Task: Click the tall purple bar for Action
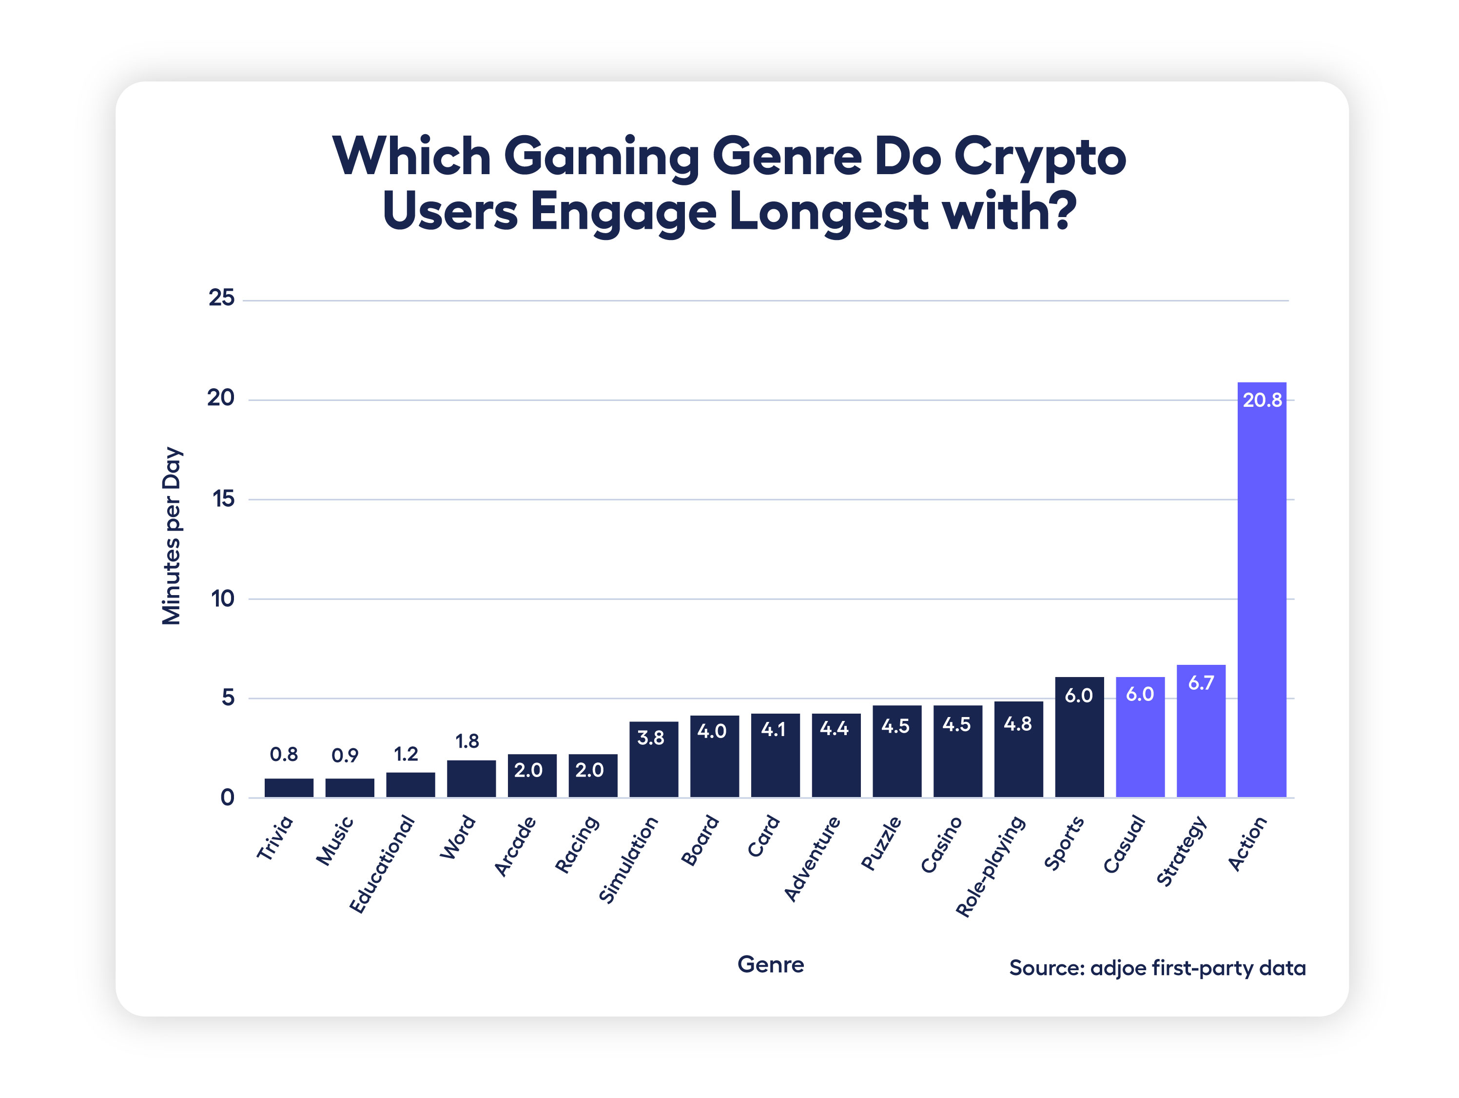1261,594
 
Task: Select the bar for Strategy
1201,739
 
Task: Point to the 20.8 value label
1262,400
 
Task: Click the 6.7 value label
1201,683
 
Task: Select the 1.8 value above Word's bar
467,741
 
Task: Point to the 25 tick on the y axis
222,298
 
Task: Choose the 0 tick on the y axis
228,798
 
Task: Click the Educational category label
382,864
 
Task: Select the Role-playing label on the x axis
990,866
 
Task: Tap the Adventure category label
812,858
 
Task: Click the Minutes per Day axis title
172,536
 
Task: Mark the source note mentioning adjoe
1157,968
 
